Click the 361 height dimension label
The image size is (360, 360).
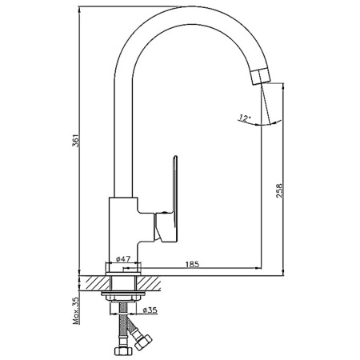click(x=76, y=140)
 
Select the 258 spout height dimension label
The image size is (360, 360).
click(x=279, y=190)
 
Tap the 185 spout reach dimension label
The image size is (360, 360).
click(x=192, y=264)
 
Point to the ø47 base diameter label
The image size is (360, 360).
click(x=123, y=258)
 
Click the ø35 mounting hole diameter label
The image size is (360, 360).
click(x=150, y=310)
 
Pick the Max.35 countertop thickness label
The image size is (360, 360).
click(x=76, y=310)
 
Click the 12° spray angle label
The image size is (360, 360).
click(x=245, y=118)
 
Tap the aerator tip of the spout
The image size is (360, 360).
click(x=261, y=76)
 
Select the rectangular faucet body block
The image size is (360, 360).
click(x=123, y=230)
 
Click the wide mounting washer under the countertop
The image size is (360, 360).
click(x=123, y=294)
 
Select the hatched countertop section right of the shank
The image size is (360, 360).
click(x=150, y=283)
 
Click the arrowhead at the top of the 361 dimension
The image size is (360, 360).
click(x=79, y=10)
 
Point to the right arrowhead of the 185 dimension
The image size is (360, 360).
click(x=258, y=267)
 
